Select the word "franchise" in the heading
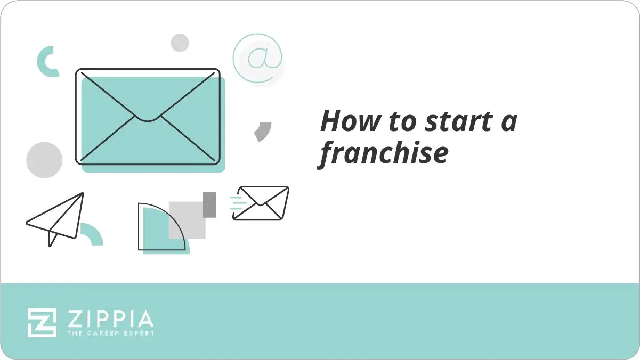[384, 153]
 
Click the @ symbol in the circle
[258, 58]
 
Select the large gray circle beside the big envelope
[44, 160]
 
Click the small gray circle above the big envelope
[180, 43]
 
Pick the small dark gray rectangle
[209, 204]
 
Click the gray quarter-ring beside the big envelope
[263, 131]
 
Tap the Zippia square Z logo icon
[42, 322]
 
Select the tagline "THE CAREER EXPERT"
[110, 333]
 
